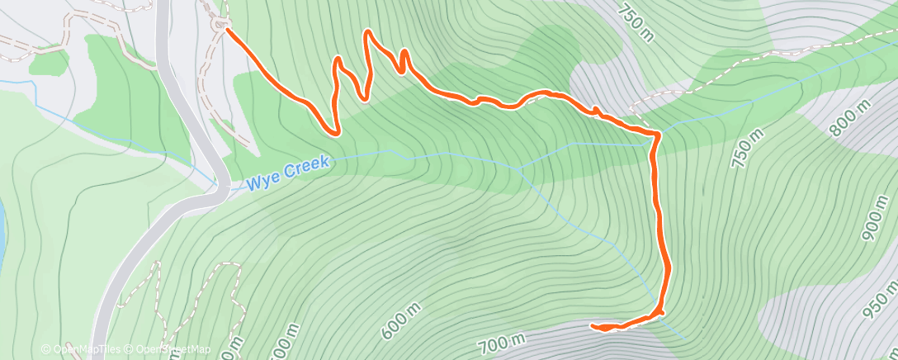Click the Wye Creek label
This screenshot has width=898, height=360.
tap(288, 170)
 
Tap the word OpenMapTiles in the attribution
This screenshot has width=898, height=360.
tap(81, 349)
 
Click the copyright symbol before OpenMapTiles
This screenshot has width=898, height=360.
tap(45, 349)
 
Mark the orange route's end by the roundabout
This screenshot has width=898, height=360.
tap(227, 31)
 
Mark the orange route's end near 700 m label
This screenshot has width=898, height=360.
tap(593, 326)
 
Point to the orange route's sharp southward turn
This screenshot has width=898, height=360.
tap(656, 134)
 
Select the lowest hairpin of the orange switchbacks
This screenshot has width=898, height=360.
tap(334, 130)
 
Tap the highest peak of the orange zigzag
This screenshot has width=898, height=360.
tap(367, 32)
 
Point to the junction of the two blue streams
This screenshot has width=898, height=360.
tap(521, 168)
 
